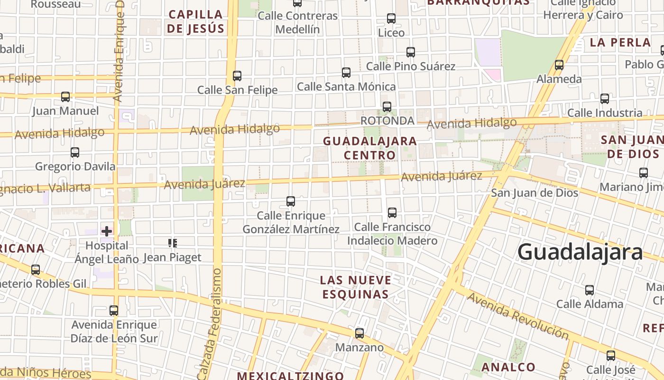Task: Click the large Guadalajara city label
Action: click(x=580, y=252)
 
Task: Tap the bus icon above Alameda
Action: click(x=559, y=65)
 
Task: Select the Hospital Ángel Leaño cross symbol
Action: click(x=107, y=231)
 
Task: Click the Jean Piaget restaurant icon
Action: click(x=173, y=243)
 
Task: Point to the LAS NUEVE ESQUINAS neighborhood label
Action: click(x=356, y=287)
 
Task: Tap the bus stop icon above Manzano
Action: click(x=360, y=333)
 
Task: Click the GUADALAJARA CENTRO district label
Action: click(x=370, y=148)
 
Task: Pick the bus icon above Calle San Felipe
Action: click(x=237, y=76)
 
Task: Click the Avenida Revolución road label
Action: click(x=518, y=316)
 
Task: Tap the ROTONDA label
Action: click(x=387, y=121)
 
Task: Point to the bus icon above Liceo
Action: click(x=391, y=19)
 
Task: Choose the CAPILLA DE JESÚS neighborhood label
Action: click(x=195, y=21)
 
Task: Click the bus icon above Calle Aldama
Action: click(x=590, y=290)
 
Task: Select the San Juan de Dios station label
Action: click(x=535, y=192)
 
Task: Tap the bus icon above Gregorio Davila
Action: click(x=75, y=152)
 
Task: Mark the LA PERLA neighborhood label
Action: click(x=620, y=42)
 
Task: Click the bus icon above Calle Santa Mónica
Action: click(x=346, y=73)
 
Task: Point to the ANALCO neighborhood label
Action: click(x=508, y=367)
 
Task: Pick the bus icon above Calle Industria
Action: click(x=605, y=99)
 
